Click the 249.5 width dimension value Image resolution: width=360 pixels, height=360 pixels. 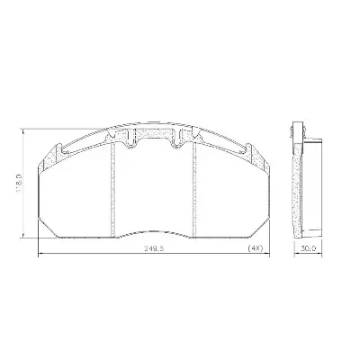click(155, 248)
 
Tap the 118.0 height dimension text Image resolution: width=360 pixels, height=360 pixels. click(19, 184)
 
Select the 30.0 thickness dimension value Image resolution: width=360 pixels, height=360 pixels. click(309, 248)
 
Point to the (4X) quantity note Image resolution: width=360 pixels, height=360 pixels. click(256, 248)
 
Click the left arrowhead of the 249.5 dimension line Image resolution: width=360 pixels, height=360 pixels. click(40, 255)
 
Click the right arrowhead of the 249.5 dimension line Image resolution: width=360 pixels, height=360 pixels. click(267, 255)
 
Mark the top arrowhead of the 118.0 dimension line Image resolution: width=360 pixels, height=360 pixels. click(23, 132)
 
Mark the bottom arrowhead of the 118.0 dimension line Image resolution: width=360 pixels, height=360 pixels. click(23, 236)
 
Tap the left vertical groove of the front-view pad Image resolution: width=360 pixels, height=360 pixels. click(113, 189)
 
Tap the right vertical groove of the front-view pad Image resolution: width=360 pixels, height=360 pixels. click(193, 189)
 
